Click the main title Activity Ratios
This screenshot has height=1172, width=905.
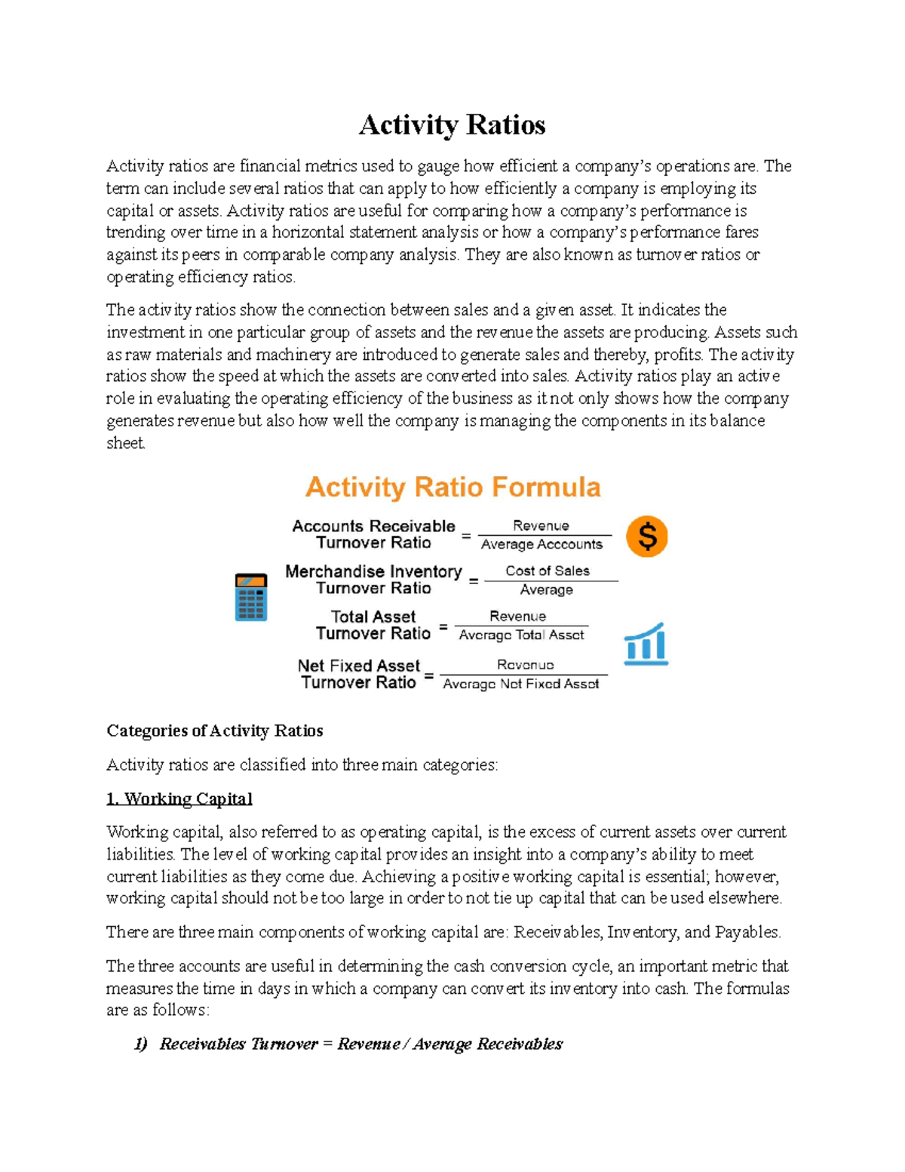(x=452, y=125)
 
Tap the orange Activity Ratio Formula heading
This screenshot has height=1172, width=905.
(x=452, y=488)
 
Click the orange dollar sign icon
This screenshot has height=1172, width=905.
(x=647, y=537)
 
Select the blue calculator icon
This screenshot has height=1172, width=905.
(x=251, y=597)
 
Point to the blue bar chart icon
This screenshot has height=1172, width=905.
(x=646, y=644)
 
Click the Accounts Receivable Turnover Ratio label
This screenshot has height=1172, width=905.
(x=373, y=534)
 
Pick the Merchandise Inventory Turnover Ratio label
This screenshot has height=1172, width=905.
(x=373, y=580)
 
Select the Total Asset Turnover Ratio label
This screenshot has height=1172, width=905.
(x=373, y=625)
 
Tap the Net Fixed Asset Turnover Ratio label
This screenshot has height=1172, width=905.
(x=358, y=674)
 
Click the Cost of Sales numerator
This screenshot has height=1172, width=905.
(x=548, y=571)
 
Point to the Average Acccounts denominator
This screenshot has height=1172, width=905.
(x=541, y=545)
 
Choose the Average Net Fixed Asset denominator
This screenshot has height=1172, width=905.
(x=521, y=684)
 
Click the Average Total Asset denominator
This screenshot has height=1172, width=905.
(x=521, y=635)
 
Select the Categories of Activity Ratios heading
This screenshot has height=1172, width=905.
(x=215, y=731)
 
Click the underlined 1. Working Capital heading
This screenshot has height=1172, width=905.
(x=179, y=798)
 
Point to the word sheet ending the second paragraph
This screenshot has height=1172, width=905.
(x=125, y=443)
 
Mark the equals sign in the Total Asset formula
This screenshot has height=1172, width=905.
(x=443, y=626)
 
